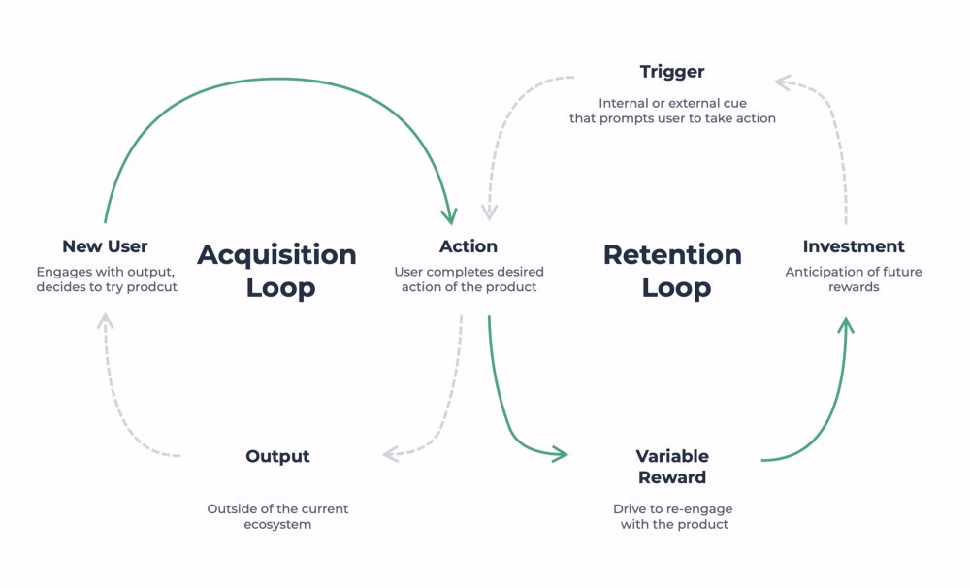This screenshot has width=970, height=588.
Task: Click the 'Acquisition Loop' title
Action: click(277, 271)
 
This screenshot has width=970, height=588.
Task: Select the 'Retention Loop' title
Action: click(672, 271)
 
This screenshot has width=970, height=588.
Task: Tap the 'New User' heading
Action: click(105, 246)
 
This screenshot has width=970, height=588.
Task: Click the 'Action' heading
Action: click(469, 246)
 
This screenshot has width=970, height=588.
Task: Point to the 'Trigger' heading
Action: click(672, 72)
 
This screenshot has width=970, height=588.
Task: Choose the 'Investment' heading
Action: click(854, 246)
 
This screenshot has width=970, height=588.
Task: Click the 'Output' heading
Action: click(277, 456)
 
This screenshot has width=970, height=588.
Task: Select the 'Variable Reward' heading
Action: click(672, 467)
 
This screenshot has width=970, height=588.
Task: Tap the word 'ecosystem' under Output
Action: click(277, 525)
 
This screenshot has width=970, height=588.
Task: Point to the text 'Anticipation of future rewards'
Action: click(854, 279)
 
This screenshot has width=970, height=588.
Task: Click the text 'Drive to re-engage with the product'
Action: click(672, 516)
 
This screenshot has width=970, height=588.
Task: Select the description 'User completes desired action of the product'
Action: click(469, 279)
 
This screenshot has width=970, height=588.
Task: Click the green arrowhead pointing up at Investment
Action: click(846, 324)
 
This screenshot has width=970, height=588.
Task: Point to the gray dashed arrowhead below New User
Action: click(106, 321)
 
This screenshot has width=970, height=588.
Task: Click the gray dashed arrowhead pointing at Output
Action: click(391, 453)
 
